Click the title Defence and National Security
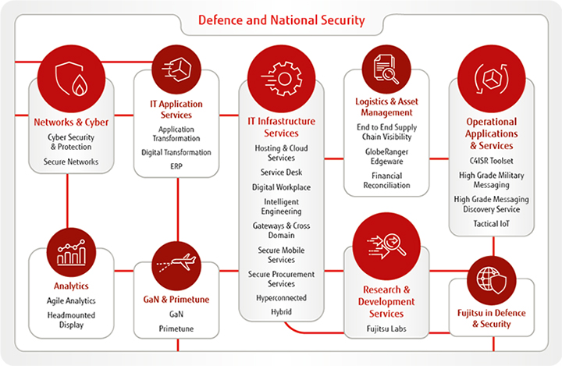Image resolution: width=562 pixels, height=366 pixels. click(281, 20)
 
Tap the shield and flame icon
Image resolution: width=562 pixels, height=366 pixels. click(71, 79)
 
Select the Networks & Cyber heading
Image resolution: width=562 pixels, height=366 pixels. click(71, 123)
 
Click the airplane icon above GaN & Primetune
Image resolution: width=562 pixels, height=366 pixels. click(176, 264)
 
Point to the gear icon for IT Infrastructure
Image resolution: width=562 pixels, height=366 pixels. click(282, 79)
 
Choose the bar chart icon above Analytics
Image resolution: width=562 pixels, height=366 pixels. click(71, 252)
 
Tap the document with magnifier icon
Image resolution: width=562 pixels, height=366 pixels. click(386, 69)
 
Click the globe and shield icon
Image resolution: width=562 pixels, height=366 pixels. click(492, 280)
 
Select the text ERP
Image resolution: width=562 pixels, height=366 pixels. click(176, 166)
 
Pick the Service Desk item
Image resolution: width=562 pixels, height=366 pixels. click(281, 172)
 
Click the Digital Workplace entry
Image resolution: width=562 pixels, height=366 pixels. click(281, 187)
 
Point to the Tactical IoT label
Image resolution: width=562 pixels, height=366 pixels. click(492, 224)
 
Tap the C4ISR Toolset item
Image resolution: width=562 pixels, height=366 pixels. click(492, 161)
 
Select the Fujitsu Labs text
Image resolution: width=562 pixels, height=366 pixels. click(386, 329)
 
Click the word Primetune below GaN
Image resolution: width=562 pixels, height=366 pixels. click(176, 329)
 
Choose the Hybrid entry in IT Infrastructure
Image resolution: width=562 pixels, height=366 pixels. click(281, 312)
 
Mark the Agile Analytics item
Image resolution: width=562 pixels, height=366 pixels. click(71, 300)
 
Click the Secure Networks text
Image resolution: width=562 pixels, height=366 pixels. click(71, 162)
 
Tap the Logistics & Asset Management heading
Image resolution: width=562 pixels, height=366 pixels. click(386, 107)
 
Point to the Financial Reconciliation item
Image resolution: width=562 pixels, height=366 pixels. click(386, 180)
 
